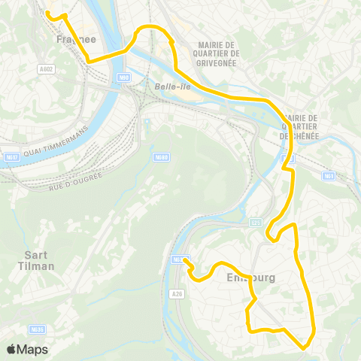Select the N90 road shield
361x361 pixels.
pos(123,77)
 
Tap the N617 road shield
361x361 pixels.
pos(11,156)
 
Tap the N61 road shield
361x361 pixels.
pos(329,175)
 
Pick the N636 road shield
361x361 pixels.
pos(37,329)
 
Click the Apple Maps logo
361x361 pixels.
pos(27,349)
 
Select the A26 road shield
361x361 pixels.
pos(177,293)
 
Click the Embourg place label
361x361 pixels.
pos(250,278)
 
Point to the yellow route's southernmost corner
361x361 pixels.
pos(303,347)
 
